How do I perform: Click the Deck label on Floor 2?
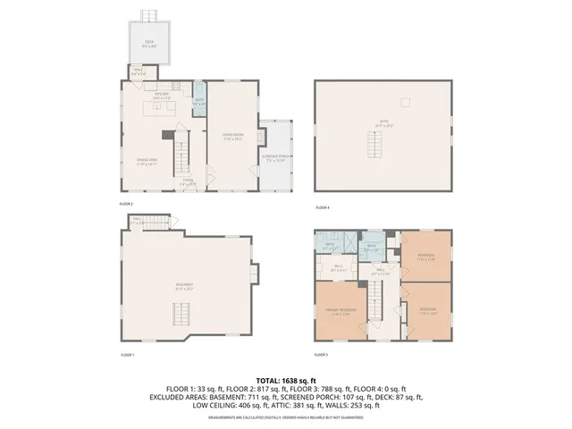point(149,43)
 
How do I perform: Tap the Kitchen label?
point(162,94)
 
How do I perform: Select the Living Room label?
point(234,137)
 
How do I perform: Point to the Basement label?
point(185,287)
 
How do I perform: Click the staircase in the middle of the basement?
point(183,313)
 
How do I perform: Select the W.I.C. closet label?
point(339,266)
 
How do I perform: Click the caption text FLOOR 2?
point(127,204)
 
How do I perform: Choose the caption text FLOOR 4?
point(322,207)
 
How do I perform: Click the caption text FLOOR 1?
point(127,355)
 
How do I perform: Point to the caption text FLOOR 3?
point(322,355)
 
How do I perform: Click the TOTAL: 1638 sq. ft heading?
point(286,380)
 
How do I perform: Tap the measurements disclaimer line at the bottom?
point(286,417)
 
